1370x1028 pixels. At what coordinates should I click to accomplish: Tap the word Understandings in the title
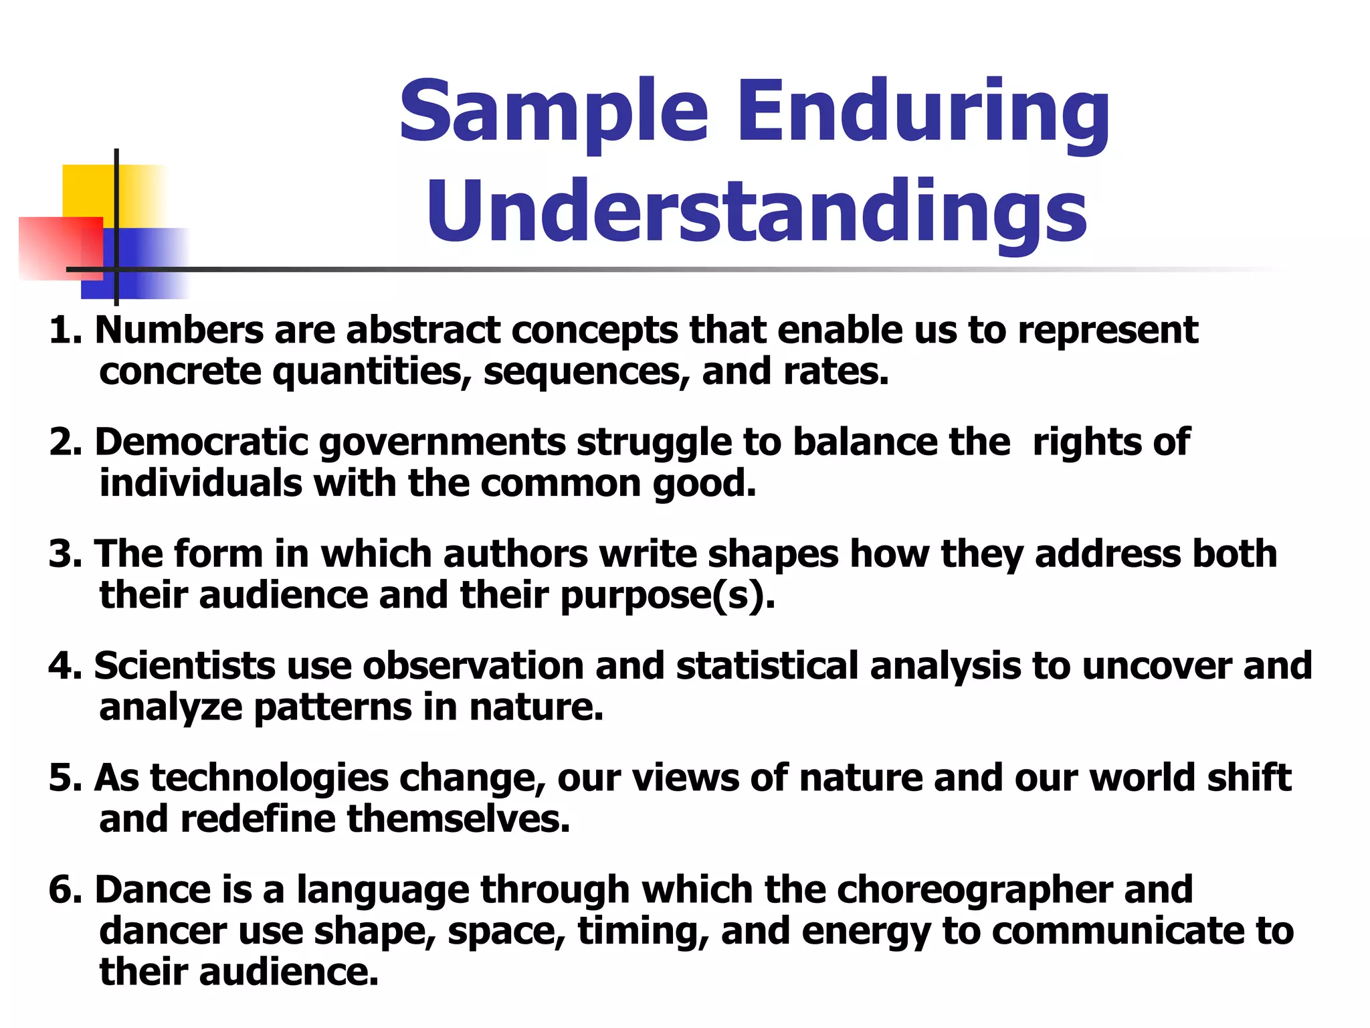point(757,212)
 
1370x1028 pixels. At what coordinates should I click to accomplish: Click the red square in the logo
point(54,248)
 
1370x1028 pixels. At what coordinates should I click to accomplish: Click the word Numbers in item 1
point(179,330)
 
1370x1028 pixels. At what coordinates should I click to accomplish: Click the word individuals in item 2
point(201,483)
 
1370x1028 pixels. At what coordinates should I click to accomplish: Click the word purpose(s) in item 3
point(667,596)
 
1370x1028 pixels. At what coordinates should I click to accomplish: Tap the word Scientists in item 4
point(185,666)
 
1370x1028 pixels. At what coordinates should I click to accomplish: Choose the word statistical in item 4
point(767,666)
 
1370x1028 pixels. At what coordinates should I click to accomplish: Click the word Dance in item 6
point(153,889)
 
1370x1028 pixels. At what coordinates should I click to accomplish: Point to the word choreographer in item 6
point(974,889)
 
